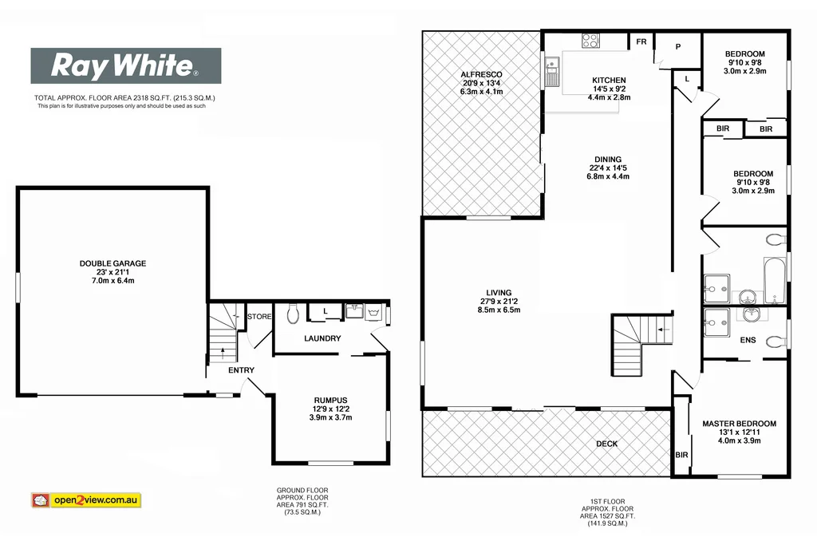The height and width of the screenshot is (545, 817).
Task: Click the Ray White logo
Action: [125, 66]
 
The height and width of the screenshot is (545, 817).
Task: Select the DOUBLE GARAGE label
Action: [112, 263]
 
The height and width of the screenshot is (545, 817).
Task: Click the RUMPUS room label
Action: [330, 400]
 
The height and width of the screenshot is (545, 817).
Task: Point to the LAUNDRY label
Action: [322, 338]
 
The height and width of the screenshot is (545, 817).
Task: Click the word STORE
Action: [259, 317]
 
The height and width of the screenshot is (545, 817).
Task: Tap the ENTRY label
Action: [241, 369]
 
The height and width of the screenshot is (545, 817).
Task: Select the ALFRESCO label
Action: [482, 74]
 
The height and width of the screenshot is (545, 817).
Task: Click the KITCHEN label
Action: [609, 81]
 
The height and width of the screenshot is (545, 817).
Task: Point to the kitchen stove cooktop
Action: [591, 41]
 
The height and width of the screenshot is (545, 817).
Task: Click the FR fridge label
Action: [640, 42]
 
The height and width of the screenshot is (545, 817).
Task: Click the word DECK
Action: [606, 444]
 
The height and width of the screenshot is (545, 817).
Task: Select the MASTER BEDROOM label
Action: [739, 424]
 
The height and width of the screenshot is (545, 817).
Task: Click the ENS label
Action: [748, 341]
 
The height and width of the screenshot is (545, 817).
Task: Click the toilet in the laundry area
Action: [291, 313]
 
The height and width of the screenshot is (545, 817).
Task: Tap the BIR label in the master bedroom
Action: [681, 455]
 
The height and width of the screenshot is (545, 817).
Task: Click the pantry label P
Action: [677, 47]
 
